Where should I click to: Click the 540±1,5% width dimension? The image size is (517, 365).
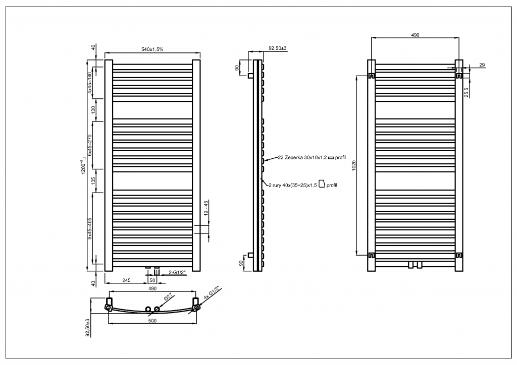point(152,49)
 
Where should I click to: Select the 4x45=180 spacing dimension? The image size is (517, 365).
point(90,83)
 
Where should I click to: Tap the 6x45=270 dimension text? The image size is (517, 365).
point(90,145)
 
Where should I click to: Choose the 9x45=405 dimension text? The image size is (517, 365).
point(90,227)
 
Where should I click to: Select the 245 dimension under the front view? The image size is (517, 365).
point(126,280)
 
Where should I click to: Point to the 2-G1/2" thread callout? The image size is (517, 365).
point(177,273)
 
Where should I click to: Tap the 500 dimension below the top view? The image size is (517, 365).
point(152,321)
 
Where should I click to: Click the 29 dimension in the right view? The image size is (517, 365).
point(482,66)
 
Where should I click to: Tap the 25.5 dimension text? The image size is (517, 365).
point(466,92)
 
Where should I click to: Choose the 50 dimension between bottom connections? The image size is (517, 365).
point(151,280)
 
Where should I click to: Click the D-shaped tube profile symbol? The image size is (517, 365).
point(321,185)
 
